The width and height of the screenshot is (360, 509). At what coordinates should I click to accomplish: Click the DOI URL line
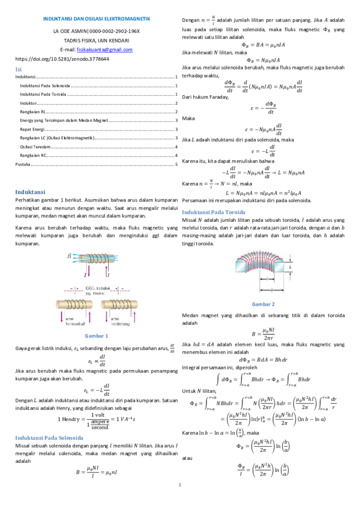click(62, 59)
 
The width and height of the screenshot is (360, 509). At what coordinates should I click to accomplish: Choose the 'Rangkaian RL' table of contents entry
click(34, 112)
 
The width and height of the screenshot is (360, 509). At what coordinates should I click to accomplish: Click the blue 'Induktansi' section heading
click(31, 192)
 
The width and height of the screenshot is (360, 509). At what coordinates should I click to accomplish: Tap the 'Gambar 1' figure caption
click(96, 335)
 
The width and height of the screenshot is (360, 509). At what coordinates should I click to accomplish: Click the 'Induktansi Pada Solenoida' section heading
click(49, 437)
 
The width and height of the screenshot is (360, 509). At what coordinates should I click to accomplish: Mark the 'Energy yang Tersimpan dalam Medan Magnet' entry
click(65, 121)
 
